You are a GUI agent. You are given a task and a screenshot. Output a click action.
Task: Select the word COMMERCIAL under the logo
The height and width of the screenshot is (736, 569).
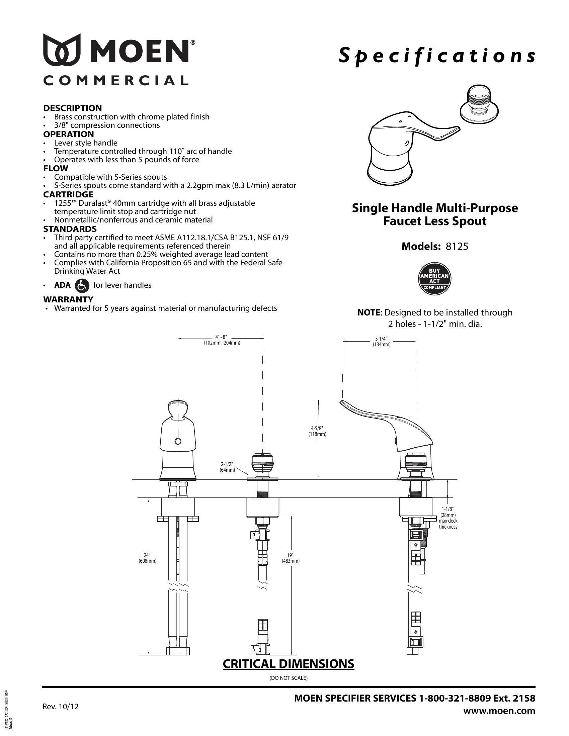coord(115,81)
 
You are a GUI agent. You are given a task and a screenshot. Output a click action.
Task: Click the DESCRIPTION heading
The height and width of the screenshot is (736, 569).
coord(73,108)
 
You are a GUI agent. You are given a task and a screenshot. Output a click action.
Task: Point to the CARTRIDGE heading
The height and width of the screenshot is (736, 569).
coord(68,194)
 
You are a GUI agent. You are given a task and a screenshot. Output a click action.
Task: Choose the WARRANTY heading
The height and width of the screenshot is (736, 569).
coord(68,299)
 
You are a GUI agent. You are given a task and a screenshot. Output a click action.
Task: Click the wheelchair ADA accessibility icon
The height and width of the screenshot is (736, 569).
coord(82,285)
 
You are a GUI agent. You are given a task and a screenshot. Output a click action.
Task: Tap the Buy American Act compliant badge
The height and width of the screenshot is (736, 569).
coord(434,278)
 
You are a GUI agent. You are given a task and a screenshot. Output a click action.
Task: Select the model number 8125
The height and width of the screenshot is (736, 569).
coord(457,246)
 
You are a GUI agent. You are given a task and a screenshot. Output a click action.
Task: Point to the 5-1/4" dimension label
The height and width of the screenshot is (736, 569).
coord(381,342)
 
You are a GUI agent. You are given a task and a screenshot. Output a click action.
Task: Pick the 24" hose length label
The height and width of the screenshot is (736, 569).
coord(147,558)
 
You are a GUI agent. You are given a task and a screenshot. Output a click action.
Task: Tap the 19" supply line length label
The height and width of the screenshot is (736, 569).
coord(291,558)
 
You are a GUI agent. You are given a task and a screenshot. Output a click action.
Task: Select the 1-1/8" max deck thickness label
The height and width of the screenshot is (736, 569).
coord(448,517)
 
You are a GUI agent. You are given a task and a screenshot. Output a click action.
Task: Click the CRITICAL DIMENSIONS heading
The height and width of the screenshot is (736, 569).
coord(289,663)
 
